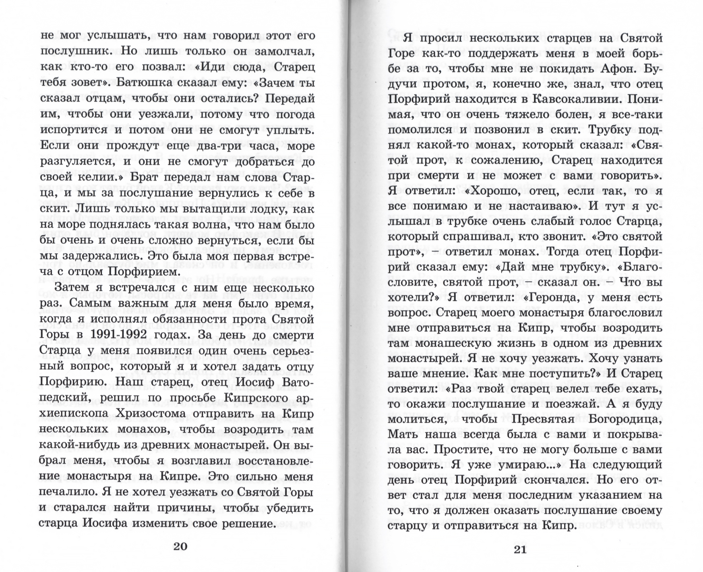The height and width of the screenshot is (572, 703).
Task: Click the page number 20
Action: [x=180, y=546]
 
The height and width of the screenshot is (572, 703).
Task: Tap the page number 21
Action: [x=520, y=549]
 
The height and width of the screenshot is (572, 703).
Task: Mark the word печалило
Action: [x=66, y=493]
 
